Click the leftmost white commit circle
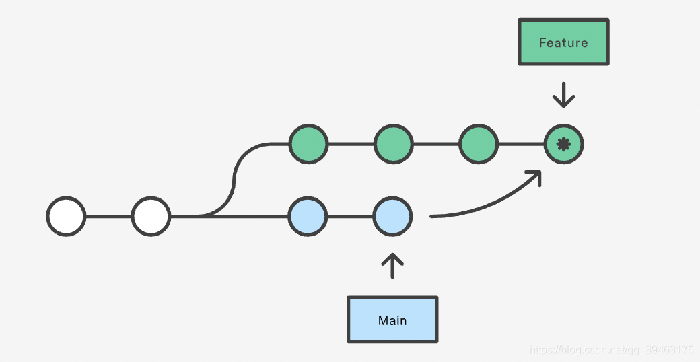pyautogui.click(x=66, y=217)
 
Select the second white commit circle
pyautogui.click(x=151, y=217)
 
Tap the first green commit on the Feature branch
pyautogui.click(x=308, y=144)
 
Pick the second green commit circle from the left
pyautogui.click(x=393, y=144)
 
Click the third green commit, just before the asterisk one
pyautogui.click(x=479, y=144)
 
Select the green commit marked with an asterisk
pyautogui.click(x=563, y=144)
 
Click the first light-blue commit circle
pyautogui.click(x=308, y=217)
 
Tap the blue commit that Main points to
pyautogui.click(x=393, y=217)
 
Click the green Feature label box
pyautogui.click(x=563, y=42)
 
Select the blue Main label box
pyautogui.click(x=392, y=320)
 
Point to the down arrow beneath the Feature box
pyautogui.click(x=563, y=95)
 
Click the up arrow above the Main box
pyautogui.click(x=392, y=266)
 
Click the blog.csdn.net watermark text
pyautogui.click(x=611, y=350)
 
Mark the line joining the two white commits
pyautogui.click(x=108, y=217)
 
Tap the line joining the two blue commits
pyautogui.click(x=351, y=217)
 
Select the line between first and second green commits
pyautogui.click(x=351, y=144)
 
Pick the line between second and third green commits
pyautogui.click(x=436, y=144)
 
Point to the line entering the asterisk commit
pyautogui.click(x=521, y=144)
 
